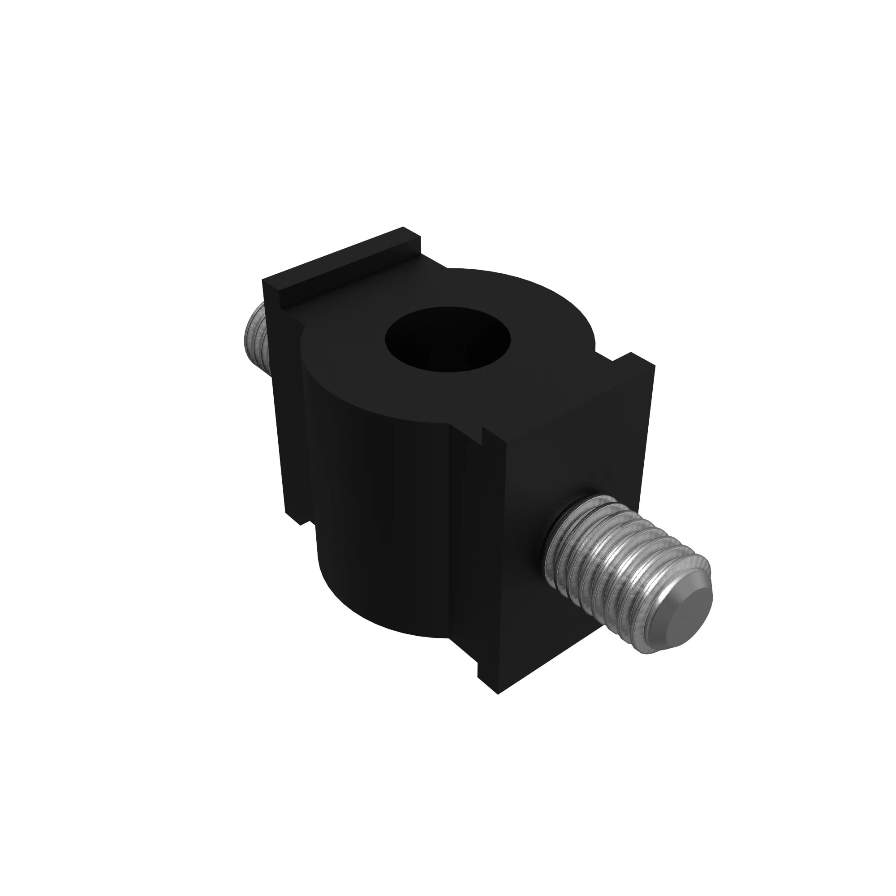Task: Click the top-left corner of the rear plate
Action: point(263,280)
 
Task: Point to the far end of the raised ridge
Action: point(410,232)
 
